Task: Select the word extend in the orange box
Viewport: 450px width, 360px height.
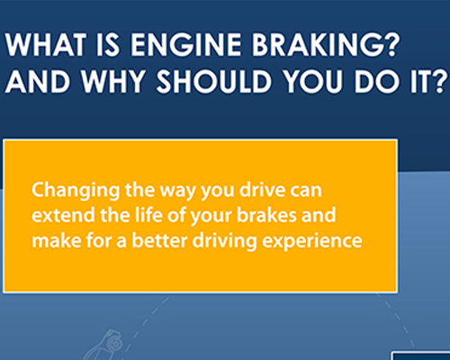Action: (x=56, y=216)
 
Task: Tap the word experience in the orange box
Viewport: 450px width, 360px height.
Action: (x=290, y=241)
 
